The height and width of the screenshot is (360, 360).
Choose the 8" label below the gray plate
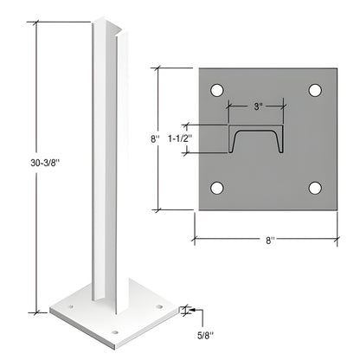[269, 239]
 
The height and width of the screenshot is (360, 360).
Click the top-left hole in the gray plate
[217, 90]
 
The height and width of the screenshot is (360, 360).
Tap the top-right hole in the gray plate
[315, 90]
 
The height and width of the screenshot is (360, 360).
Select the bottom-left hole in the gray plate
[217, 188]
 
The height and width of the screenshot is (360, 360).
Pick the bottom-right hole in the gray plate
[315, 188]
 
